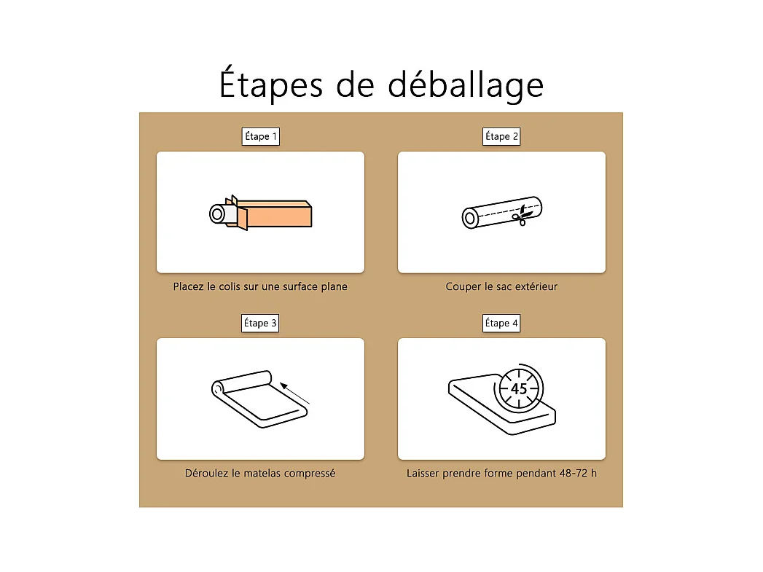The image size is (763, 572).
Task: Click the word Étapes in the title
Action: [270, 84]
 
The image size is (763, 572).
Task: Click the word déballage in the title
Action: [465, 84]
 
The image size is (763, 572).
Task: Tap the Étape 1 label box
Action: [261, 136]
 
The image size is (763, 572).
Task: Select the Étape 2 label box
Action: [501, 136]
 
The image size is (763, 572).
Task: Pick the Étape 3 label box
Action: [260, 323]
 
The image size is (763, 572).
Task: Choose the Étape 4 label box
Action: [501, 323]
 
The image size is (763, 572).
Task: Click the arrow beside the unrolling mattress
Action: [294, 393]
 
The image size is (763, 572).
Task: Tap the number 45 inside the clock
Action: [519, 388]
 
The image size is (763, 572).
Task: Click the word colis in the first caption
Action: [230, 286]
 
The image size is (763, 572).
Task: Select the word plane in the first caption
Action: [334, 286]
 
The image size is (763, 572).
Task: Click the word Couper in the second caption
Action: [463, 287]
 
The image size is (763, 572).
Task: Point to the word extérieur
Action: [536, 286]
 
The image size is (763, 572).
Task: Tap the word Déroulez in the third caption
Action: [206, 473]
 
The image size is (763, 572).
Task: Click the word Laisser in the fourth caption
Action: [423, 473]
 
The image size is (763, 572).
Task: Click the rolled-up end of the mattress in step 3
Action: [218, 388]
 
